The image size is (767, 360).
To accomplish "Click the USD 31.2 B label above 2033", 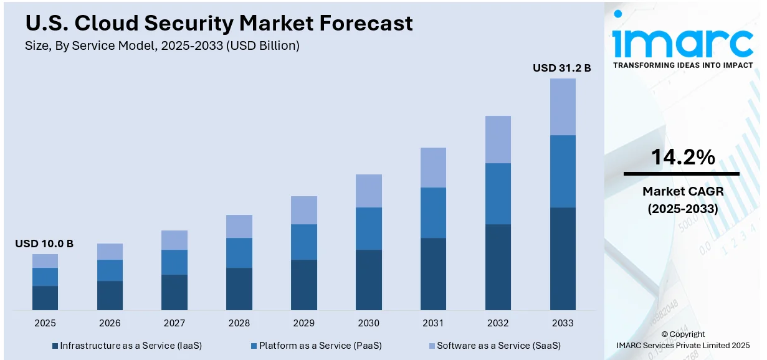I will (561, 68).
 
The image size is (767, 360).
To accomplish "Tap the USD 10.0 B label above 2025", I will (44, 244).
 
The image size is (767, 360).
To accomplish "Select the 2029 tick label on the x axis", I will (304, 323).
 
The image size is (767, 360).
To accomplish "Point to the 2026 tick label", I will (110, 323).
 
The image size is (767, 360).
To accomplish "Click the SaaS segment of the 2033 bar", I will (563, 107).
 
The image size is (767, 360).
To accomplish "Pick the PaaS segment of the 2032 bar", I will (498, 194).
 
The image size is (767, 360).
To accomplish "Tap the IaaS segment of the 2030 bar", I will (369, 280).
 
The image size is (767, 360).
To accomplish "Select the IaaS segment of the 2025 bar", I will (45, 298).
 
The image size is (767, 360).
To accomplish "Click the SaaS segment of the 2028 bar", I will (239, 226).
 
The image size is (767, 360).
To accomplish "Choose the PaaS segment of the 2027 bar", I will (174, 262).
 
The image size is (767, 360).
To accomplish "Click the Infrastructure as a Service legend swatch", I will (55, 346).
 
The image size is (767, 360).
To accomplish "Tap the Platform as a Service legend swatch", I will (254, 346).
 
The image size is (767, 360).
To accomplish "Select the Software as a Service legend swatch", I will (431, 346).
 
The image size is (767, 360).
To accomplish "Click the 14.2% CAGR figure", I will (683, 158).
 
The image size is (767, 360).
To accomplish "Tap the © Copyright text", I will (683, 334).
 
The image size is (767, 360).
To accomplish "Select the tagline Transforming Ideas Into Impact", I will (683, 65).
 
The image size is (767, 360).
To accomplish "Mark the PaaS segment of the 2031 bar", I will (433, 212).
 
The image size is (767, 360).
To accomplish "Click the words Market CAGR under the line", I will (683, 191).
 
